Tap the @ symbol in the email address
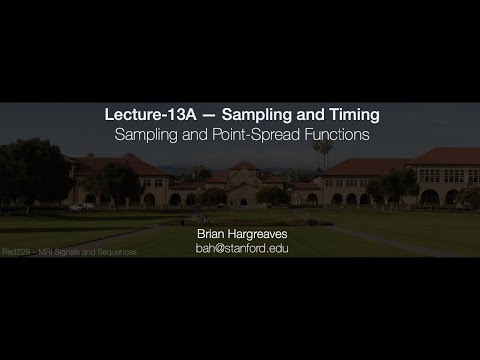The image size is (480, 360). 220,247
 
